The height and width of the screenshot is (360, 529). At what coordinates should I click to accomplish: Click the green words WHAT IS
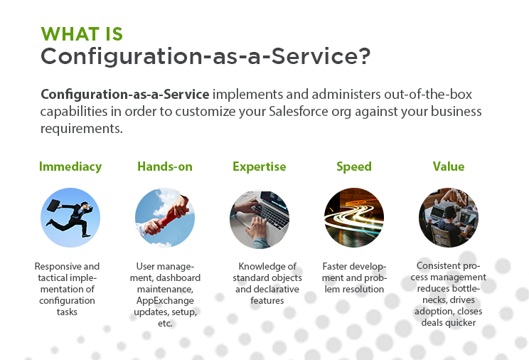(82, 34)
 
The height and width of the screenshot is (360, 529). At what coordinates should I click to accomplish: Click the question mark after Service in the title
(364, 55)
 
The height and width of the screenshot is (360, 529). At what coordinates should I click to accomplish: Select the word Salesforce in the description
(298, 111)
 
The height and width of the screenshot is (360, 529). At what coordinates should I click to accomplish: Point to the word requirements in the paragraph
(82, 129)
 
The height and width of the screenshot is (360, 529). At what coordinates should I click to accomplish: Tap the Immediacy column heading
(70, 166)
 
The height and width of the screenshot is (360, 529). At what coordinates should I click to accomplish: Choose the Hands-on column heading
(165, 166)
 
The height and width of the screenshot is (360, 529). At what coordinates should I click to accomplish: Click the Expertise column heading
(259, 166)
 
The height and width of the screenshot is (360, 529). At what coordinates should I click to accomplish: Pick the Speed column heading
(354, 166)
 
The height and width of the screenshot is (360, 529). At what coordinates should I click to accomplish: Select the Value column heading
(449, 166)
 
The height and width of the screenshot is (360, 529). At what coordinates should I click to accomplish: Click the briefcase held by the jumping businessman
(53, 205)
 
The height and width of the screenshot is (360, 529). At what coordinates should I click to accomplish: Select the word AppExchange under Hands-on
(165, 300)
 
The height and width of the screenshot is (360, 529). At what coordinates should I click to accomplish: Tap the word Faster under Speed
(335, 267)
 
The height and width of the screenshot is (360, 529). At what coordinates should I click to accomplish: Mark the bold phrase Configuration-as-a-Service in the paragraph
(125, 94)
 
